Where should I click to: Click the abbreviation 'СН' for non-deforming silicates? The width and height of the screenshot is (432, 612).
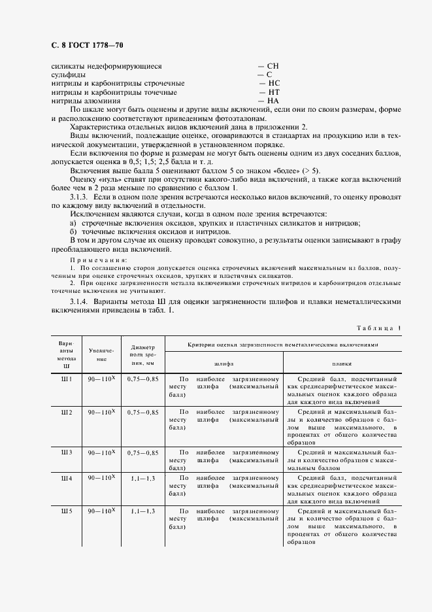269,66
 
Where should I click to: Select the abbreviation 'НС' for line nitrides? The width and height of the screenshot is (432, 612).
269,84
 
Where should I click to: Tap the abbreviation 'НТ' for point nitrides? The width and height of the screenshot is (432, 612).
269,93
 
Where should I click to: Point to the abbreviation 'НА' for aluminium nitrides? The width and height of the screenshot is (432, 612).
269,101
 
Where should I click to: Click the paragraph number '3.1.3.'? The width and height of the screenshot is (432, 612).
80,196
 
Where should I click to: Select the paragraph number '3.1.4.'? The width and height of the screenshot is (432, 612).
80,301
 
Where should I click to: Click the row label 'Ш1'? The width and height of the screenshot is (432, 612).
66,379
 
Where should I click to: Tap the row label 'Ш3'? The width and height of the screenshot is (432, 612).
66,452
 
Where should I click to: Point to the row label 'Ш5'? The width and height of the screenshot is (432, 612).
66,510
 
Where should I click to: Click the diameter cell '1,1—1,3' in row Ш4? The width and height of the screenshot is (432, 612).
142,478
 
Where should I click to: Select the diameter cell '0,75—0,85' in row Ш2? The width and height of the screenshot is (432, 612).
142,412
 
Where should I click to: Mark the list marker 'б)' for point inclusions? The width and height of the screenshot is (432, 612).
73,231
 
